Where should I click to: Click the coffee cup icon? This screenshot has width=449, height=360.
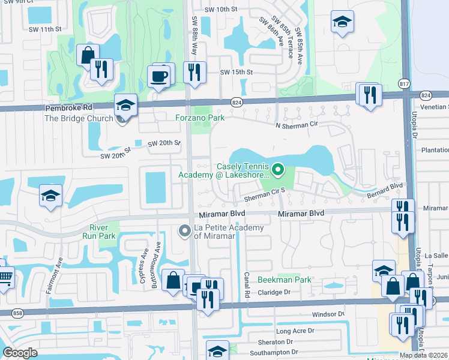[x=159, y=77]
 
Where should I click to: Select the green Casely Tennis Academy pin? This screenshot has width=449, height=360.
[x=278, y=170]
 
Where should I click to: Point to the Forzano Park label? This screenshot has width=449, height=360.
[x=200, y=118]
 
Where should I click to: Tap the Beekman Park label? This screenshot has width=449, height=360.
[x=285, y=280]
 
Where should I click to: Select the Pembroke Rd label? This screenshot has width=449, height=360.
[x=70, y=108]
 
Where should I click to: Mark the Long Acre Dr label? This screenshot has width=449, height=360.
[x=295, y=331]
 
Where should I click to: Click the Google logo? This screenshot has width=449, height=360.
[x=20, y=352]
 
